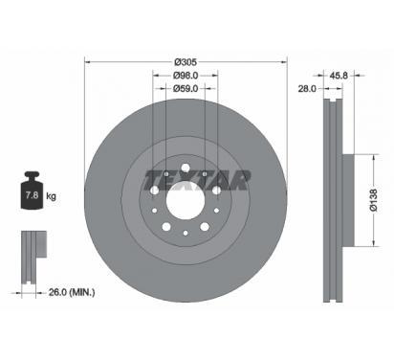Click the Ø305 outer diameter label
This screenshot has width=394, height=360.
click(186, 62)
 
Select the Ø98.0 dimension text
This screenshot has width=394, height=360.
click(186, 76)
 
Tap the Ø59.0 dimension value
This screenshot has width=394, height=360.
click(186, 88)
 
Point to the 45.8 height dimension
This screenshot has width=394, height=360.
click(339, 76)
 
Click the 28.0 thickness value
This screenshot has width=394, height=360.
click(307, 88)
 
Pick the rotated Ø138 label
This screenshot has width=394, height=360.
click(374, 200)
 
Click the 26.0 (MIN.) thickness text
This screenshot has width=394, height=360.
click(72, 292)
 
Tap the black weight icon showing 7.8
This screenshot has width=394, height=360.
click(32, 191)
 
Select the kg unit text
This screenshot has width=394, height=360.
click(51, 195)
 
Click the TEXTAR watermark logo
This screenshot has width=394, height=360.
click(197, 181)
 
